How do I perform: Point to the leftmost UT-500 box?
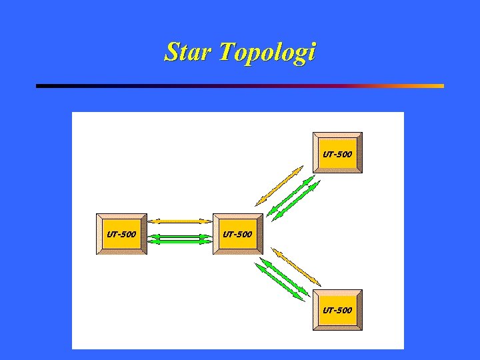point(121,234)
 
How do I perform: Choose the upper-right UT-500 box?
point(337,153)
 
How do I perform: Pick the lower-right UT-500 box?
point(337,309)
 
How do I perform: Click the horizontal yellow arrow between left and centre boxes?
point(179,221)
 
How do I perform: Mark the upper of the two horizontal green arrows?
point(179,236)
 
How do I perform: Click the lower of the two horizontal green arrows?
point(179,241)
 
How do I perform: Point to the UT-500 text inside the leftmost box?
point(121,234)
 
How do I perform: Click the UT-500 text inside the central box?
point(237,234)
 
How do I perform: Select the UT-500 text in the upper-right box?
point(337,154)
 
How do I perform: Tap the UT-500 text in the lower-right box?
point(337,310)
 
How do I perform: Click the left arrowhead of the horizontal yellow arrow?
point(152,221)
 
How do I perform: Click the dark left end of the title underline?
point(41,86)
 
